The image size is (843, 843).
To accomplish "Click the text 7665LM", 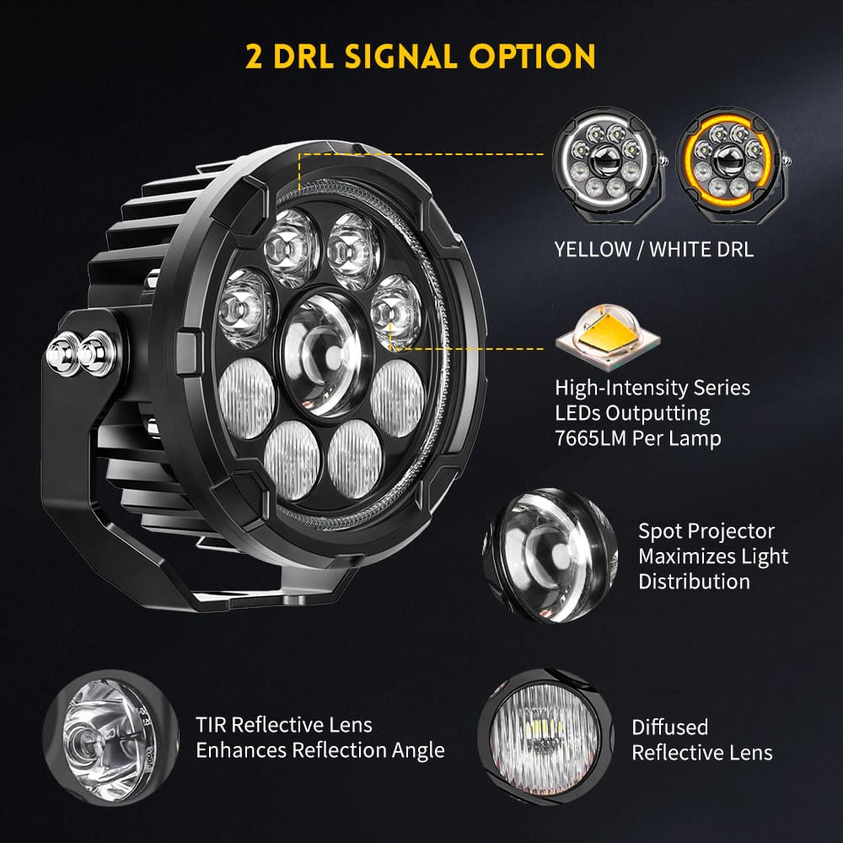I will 596,439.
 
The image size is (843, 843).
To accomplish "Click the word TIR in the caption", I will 210,725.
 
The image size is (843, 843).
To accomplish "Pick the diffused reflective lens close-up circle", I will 540,732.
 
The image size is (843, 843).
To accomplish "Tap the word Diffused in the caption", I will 669,728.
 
